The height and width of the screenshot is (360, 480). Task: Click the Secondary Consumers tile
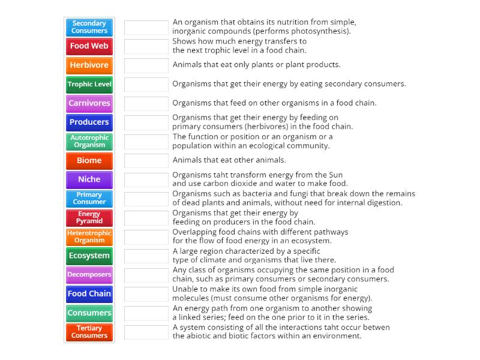[89, 27]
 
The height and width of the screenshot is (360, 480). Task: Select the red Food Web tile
[89, 46]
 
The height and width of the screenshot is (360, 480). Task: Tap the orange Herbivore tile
[89, 65]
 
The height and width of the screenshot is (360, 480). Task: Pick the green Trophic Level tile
[89, 85]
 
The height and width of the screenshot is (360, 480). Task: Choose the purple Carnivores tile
[89, 103]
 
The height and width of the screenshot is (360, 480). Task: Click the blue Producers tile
[89, 122]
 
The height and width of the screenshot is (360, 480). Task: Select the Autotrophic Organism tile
[89, 142]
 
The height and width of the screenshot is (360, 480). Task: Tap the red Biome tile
[89, 161]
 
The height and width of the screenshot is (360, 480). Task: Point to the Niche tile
[89, 179]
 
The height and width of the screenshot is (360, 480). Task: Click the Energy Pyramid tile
[89, 218]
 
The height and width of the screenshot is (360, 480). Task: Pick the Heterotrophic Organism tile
[89, 237]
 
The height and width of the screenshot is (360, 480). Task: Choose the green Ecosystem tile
[89, 256]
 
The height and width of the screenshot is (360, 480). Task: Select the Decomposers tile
[89, 275]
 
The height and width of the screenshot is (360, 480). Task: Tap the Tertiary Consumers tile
[89, 332]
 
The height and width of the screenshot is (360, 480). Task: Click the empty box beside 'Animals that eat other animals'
[146, 161]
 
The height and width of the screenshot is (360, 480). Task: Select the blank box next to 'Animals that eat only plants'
[146, 65]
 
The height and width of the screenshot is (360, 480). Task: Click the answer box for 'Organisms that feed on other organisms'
[146, 103]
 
